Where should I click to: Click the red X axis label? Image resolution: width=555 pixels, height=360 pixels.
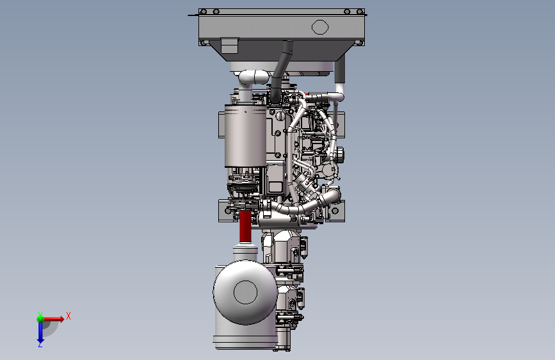[x=68, y=316]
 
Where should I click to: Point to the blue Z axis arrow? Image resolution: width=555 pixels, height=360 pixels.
[x=40, y=332]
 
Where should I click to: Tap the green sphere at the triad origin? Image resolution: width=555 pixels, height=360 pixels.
[x=41, y=319]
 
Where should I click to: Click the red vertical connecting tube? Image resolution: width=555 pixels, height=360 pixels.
[x=245, y=227]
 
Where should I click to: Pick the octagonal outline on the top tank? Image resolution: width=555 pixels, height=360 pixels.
[x=320, y=27]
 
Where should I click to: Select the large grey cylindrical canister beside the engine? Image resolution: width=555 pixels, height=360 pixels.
[x=245, y=136]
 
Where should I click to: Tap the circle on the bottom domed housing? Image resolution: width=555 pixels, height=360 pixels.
[x=245, y=292]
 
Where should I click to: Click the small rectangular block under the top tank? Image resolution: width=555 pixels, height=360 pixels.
[x=229, y=45]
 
